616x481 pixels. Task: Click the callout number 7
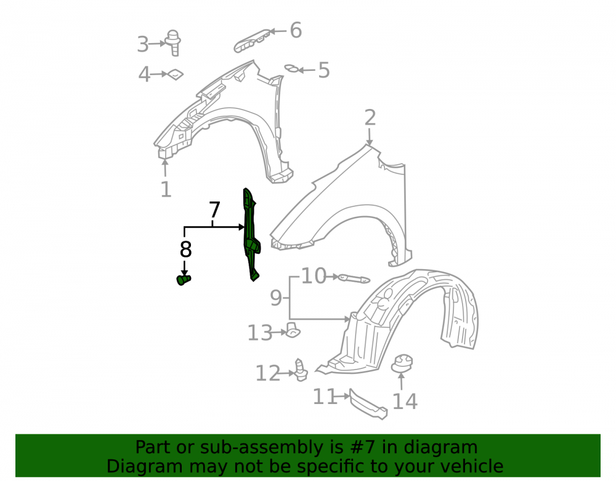(214, 210)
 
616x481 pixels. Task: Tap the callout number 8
(185, 249)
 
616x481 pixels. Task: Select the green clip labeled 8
(183, 280)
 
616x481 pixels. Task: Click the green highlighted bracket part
(251, 235)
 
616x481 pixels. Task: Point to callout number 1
(166, 190)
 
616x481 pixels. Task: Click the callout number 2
(370, 118)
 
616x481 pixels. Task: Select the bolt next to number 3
(173, 42)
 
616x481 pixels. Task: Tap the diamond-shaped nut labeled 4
(175, 74)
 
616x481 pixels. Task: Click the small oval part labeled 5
(291, 69)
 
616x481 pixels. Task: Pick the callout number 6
(296, 30)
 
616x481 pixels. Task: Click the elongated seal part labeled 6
(252, 41)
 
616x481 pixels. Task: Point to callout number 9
(276, 298)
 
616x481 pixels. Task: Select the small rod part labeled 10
(354, 278)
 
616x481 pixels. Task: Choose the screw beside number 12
(301, 370)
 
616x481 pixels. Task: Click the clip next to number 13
(292, 330)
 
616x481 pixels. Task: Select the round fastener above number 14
(402, 363)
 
